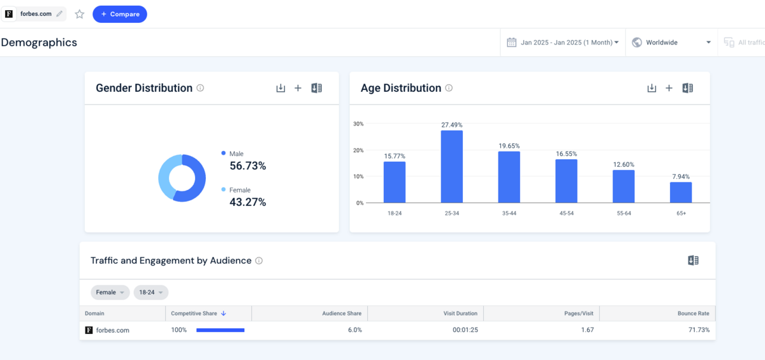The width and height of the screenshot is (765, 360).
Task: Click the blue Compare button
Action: [x=120, y=14]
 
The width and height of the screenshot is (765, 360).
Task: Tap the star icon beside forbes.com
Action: [x=80, y=14]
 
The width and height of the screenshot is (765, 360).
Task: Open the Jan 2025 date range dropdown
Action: [x=563, y=43]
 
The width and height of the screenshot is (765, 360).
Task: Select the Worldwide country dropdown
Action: [x=671, y=43]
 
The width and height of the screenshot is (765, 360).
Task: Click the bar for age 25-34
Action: [x=451, y=167]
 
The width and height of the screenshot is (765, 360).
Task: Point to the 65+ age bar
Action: [x=680, y=192]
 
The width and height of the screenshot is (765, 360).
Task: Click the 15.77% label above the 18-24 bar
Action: [x=395, y=156]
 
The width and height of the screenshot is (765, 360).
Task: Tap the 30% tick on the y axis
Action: [x=358, y=124]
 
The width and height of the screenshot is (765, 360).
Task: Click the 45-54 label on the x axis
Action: [x=565, y=213]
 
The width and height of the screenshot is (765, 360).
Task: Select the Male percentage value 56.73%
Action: [x=247, y=166]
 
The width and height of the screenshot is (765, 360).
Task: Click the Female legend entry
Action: [x=240, y=190]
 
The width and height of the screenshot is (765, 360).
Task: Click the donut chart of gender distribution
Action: [x=182, y=178]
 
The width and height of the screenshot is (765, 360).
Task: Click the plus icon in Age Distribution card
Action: [x=669, y=89]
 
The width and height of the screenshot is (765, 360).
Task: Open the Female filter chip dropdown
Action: [x=110, y=292]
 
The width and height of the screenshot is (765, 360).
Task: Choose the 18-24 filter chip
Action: [x=150, y=292]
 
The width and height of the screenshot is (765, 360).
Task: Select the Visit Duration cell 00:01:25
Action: [x=465, y=330]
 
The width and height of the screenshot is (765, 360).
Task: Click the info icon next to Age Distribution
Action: [x=449, y=89]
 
